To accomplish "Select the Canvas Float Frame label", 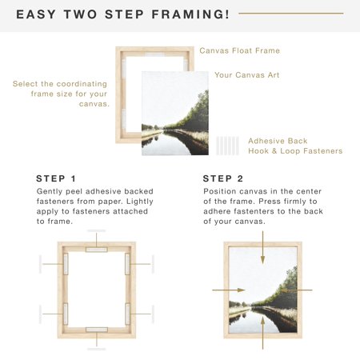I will click(x=239, y=50).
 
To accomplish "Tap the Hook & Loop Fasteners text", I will click(x=295, y=150).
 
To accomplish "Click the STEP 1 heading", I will click(x=57, y=178).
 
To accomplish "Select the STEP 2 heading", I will click(x=223, y=178).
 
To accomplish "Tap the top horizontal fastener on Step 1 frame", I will click(x=96, y=250).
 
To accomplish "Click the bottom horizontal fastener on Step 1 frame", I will click(x=96, y=329).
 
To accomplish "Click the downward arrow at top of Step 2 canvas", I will click(x=262, y=249).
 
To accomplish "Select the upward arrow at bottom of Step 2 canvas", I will click(x=262, y=330).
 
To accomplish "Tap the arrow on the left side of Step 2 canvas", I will click(x=226, y=290).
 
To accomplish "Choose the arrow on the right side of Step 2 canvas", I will click(x=299, y=290).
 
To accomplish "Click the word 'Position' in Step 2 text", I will click(x=222, y=192).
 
